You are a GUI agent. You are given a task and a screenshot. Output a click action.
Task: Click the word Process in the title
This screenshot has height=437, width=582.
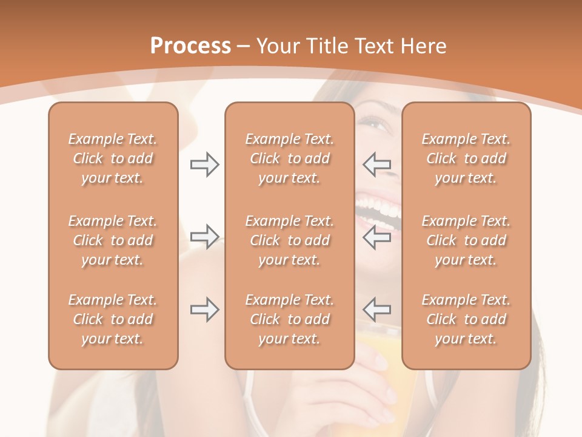coord(190,46)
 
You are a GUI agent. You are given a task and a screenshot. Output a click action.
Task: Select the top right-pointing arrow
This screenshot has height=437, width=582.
coord(204,164)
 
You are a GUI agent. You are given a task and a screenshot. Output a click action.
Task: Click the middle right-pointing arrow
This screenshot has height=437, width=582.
coord(204,236)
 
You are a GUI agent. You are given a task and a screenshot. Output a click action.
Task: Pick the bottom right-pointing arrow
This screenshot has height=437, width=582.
coord(204,310)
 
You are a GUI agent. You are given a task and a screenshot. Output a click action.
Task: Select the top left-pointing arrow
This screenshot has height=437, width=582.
coord(376,164)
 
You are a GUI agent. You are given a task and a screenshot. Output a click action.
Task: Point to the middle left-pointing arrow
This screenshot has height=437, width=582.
coord(376,236)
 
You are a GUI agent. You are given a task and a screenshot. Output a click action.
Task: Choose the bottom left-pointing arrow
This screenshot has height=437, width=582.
coord(376,310)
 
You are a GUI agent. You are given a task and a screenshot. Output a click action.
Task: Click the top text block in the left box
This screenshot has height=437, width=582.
coord(113,158)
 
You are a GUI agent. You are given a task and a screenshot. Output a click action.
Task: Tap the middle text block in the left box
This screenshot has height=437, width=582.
coord(113,240)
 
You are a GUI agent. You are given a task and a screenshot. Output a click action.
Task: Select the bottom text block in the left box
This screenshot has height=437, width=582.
coord(113,319)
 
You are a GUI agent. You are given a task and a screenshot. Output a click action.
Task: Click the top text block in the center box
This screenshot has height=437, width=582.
coord(289,158)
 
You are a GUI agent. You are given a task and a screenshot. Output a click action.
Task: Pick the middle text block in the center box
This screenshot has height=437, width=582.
coord(289,240)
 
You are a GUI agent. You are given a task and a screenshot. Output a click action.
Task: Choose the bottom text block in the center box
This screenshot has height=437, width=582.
coord(289,319)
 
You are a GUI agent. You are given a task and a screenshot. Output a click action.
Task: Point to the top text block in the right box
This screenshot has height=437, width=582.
coord(466,158)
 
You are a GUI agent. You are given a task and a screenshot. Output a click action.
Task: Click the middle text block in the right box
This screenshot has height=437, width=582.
coord(466,240)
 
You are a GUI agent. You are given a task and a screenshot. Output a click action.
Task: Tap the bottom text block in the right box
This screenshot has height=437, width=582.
coord(466,319)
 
